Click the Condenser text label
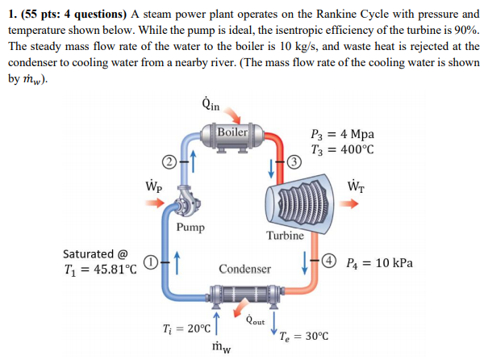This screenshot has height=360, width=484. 244,268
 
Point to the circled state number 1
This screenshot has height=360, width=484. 150,260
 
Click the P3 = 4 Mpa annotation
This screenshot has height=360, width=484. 342,135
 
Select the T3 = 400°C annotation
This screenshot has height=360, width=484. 342,149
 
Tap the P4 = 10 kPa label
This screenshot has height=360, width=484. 379,262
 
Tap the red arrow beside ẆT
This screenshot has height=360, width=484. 361,203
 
